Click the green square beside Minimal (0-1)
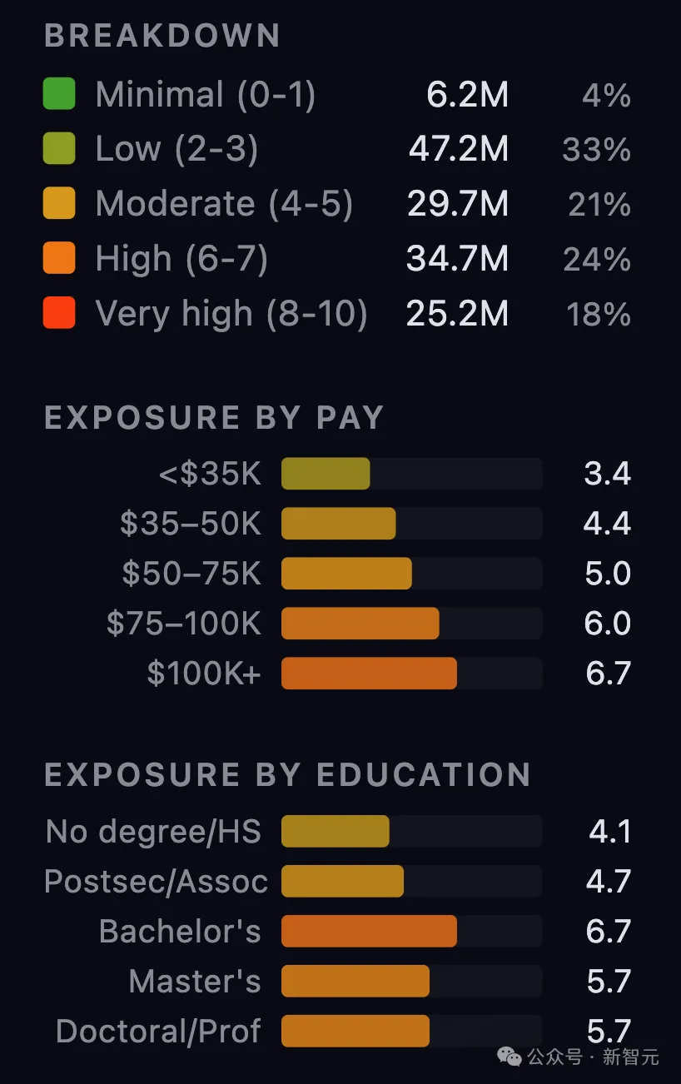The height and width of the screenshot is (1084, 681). click(x=59, y=93)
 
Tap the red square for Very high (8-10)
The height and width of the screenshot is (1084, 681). click(x=59, y=312)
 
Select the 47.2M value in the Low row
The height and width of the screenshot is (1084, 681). click(x=459, y=148)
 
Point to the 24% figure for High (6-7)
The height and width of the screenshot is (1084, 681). click(x=597, y=259)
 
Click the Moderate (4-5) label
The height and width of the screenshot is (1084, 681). click(x=224, y=204)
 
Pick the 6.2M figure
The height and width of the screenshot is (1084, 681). click(x=467, y=94)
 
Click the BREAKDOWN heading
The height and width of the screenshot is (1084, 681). click(x=162, y=35)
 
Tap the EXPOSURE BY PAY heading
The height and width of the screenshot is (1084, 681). click(x=214, y=417)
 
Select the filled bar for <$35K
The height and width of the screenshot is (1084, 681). click(x=326, y=473)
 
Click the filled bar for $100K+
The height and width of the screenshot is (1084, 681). click(x=369, y=674)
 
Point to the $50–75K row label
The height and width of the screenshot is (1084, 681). click(x=191, y=574)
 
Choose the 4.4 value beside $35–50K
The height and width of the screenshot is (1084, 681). click(x=607, y=523)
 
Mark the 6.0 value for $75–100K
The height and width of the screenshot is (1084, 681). click(x=608, y=623)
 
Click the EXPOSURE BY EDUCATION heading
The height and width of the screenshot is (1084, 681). click(x=287, y=774)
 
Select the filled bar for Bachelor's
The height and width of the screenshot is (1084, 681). click(x=369, y=931)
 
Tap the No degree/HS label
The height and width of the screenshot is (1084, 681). click(x=153, y=832)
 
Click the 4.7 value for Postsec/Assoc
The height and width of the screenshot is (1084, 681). click(x=609, y=881)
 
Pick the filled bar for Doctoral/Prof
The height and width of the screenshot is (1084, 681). click(x=355, y=1031)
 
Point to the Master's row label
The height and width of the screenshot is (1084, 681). click(x=195, y=981)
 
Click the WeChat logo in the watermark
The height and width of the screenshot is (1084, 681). click(x=510, y=1057)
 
